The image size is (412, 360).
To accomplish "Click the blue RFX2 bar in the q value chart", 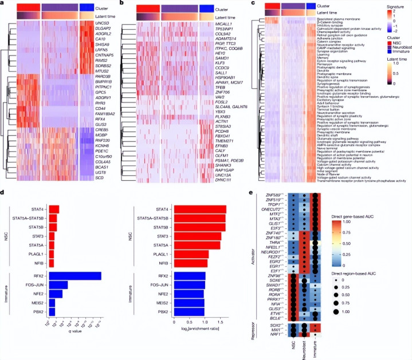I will (x=75, y=276).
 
